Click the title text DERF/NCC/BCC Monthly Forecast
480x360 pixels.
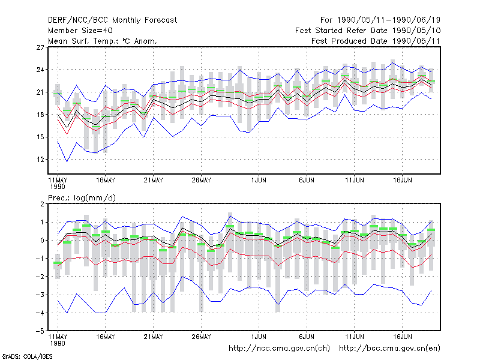point(112,20)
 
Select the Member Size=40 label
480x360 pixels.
point(80,31)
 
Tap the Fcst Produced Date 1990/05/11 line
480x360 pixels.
point(376,41)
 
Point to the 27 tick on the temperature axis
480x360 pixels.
point(40,47)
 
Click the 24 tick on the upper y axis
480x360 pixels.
point(40,70)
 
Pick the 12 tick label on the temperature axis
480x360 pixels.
point(40,160)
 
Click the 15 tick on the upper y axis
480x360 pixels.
point(40,137)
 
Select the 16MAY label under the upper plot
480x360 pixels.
point(106,181)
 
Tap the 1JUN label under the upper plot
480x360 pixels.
point(259,181)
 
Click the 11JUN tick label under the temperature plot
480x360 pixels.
point(355,181)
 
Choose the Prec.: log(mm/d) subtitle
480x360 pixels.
point(82,198)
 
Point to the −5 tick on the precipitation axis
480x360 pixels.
point(40,331)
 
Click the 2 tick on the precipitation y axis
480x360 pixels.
point(42,204)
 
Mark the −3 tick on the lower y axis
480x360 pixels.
point(40,295)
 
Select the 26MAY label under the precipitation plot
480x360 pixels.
point(201,337)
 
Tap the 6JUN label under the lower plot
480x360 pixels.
point(307,337)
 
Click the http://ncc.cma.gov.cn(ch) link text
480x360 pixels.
point(279,349)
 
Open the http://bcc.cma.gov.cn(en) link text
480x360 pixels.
point(389,349)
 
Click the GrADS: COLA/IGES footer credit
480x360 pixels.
point(27,356)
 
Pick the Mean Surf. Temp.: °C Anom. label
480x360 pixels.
point(102,41)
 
